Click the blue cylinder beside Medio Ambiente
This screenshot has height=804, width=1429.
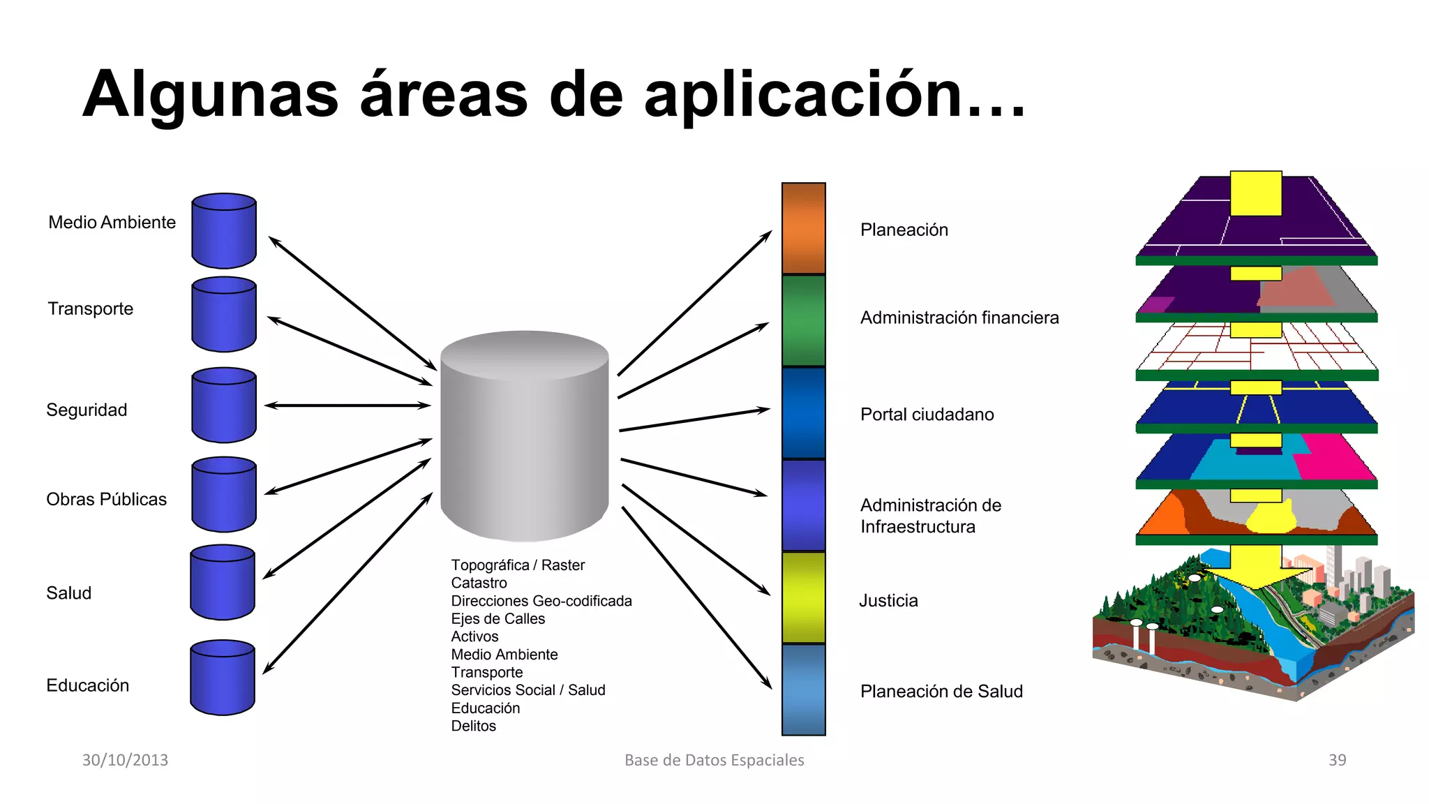coord(224,231)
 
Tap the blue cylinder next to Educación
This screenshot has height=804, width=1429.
coord(223,678)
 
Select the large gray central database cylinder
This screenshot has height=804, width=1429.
coord(525,436)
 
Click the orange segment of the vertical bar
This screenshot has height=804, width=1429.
coord(803,228)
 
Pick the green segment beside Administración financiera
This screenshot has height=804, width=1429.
coord(803,320)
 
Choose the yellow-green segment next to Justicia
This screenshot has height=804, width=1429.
coord(803,597)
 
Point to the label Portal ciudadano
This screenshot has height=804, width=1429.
coord(927,415)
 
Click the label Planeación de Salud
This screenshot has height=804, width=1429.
coord(941,692)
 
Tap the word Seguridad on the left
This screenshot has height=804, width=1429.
coord(87,410)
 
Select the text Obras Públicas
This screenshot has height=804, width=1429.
coord(106,499)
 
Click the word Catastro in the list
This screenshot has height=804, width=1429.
coord(479,583)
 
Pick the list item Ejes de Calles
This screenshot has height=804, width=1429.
coord(497,618)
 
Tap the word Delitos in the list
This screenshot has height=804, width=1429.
coord(473,726)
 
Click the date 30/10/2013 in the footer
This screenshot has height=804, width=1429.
coord(125,760)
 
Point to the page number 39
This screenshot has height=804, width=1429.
coord(1337,760)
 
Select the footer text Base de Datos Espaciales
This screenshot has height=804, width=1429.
coord(714,760)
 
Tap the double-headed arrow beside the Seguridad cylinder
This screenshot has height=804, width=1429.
coord(347,405)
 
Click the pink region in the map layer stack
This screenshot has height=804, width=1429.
coord(1333,456)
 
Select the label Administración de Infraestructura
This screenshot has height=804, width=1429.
coord(930,516)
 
